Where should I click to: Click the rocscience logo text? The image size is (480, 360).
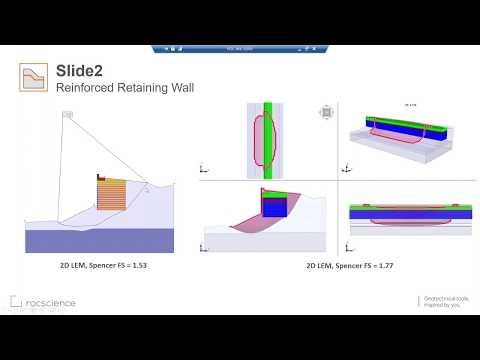50,301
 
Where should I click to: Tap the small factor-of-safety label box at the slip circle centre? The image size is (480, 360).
67,116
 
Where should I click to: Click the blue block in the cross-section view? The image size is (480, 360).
273,206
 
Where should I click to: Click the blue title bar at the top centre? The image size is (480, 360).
239,48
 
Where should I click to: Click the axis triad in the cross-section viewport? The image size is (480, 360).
205,246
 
